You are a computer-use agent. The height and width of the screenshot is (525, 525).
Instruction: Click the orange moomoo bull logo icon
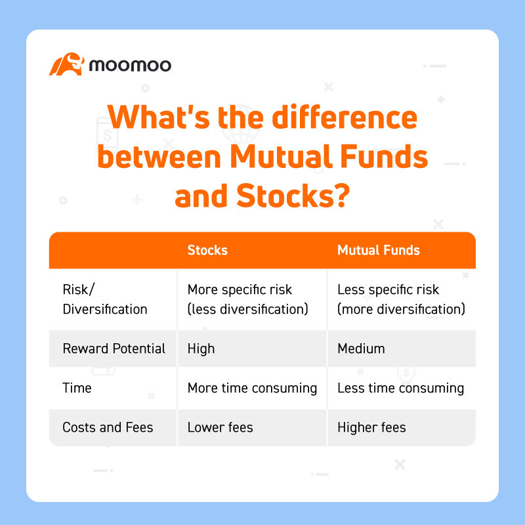(x=67, y=64)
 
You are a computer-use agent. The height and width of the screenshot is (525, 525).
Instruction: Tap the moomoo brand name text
(x=130, y=65)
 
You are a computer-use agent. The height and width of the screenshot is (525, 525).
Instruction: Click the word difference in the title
(x=345, y=117)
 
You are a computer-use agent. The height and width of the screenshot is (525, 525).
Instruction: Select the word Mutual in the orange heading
(x=282, y=156)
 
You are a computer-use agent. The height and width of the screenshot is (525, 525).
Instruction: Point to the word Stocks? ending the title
(x=293, y=196)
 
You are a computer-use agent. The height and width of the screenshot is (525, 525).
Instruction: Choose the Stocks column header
(x=207, y=250)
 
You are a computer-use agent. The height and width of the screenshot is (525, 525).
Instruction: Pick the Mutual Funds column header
(x=379, y=250)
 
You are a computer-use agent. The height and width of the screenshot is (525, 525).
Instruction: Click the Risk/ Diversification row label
(x=105, y=299)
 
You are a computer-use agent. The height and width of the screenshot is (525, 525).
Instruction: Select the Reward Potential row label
(x=114, y=348)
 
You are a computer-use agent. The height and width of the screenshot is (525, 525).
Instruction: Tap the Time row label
(x=77, y=388)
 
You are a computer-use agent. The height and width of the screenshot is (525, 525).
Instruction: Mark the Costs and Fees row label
(x=108, y=427)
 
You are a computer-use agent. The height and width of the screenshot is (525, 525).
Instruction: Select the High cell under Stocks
(x=201, y=349)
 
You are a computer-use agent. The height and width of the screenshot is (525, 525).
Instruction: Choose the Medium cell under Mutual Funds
(x=361, y=348)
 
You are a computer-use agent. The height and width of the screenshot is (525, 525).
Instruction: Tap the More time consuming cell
(x=252, y=388)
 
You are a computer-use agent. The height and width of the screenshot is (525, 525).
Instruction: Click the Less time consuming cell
(x=401, y=388)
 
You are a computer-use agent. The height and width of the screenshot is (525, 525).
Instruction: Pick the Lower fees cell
(x=220, y=427)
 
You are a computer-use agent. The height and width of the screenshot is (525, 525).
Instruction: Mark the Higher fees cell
(x=371, y=428)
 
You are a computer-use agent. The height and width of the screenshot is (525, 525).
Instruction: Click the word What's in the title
(x=159, y=117)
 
